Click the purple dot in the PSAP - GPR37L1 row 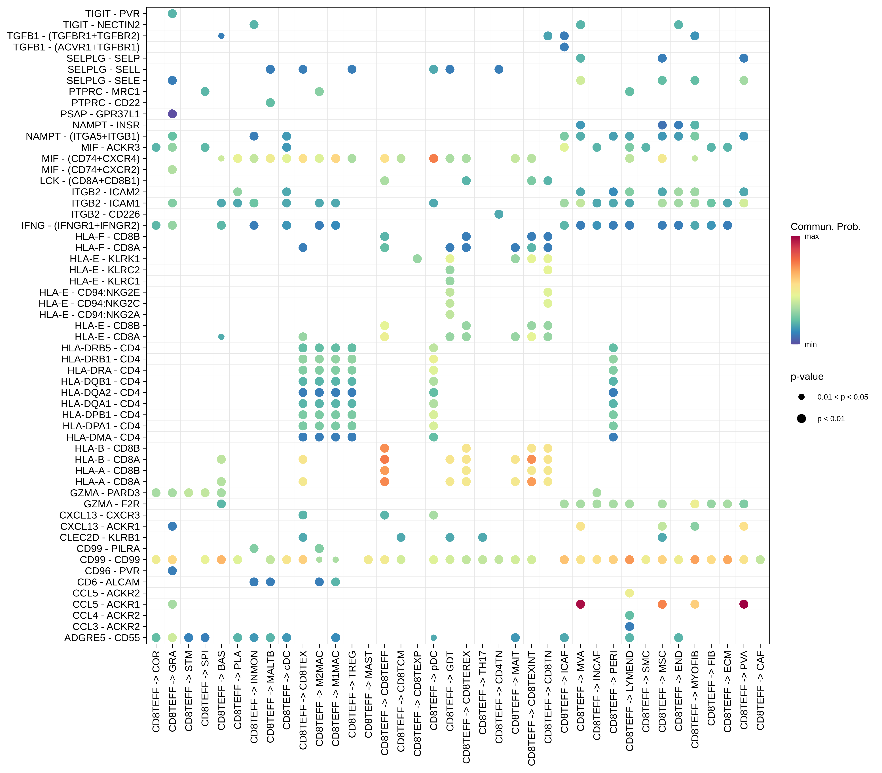(x=172, y=114)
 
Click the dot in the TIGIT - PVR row (x=172, y=14)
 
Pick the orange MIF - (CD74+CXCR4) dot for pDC (x=434, y=158)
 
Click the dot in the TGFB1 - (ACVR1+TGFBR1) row (x=564, y=47)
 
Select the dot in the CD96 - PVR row (x=172, y=571)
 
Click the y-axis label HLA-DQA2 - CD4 (x=101, y=392)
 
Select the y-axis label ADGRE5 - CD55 (x=102, y=638)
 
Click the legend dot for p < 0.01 (x=801, y=418)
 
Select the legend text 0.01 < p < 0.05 (x=842, y=397)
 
